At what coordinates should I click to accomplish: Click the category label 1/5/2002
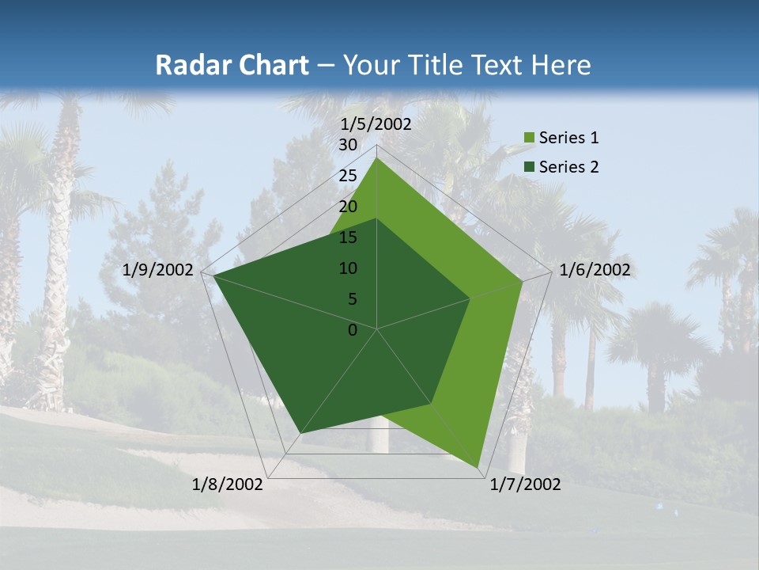click(376, 123)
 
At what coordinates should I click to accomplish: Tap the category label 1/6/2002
click(595, 270)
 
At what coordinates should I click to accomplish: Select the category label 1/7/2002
click(526, 484)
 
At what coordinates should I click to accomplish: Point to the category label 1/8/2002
click(228, 484)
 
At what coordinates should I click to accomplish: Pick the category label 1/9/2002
click(158, 270)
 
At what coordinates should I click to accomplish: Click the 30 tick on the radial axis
click(348, 145)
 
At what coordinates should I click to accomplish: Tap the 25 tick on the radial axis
click(348, 176)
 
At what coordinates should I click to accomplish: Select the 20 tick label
click(348, 207)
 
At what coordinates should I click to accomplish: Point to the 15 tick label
click(348, 237)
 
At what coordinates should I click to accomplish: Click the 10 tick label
click(348, 268)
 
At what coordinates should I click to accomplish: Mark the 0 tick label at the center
click(353, 330)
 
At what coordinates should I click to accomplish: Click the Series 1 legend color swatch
click(529, 139)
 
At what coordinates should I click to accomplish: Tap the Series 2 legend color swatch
click(529, 167)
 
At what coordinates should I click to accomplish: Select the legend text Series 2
click(568, 167)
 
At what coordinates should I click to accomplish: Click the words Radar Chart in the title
click(232, 65)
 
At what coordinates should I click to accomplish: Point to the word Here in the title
click(561, 65)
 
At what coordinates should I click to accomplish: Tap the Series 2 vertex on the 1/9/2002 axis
click(213, 275)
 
